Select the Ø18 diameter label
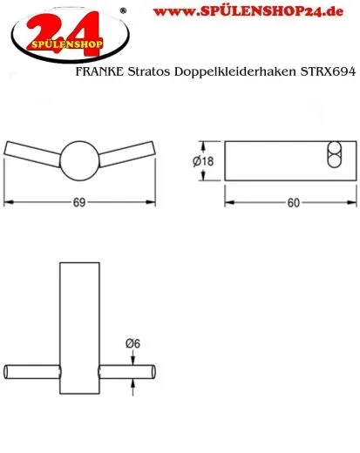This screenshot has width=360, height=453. click(x=205, y=160)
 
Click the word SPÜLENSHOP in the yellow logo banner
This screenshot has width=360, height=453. click(x=64, y=41)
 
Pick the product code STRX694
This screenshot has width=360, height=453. click(x=329, y=77)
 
